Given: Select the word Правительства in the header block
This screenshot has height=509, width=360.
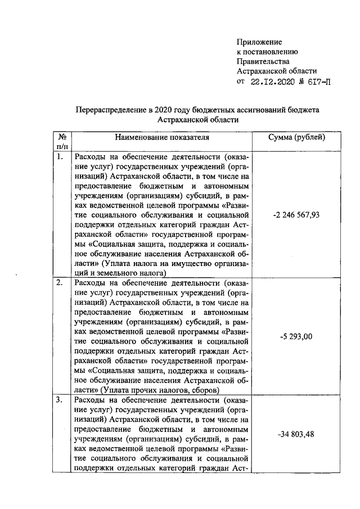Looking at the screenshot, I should click(263, 61).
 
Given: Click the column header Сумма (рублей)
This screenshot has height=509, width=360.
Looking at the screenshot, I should click(297, 137).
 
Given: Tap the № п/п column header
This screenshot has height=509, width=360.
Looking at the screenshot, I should click(62, 141).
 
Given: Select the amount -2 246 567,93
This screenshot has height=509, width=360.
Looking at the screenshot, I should click(296, 214).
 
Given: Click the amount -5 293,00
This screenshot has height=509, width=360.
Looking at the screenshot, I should click(296, 336).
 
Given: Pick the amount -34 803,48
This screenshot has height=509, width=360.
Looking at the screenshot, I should click(296, 434).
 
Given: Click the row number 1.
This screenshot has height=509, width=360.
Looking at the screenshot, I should click(60, 157).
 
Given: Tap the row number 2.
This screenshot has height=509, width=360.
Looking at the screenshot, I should click(60, 282).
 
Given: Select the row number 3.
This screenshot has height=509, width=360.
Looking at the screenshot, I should click(60, 400).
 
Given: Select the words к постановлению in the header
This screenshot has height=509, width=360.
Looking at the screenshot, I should click(267, 52).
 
